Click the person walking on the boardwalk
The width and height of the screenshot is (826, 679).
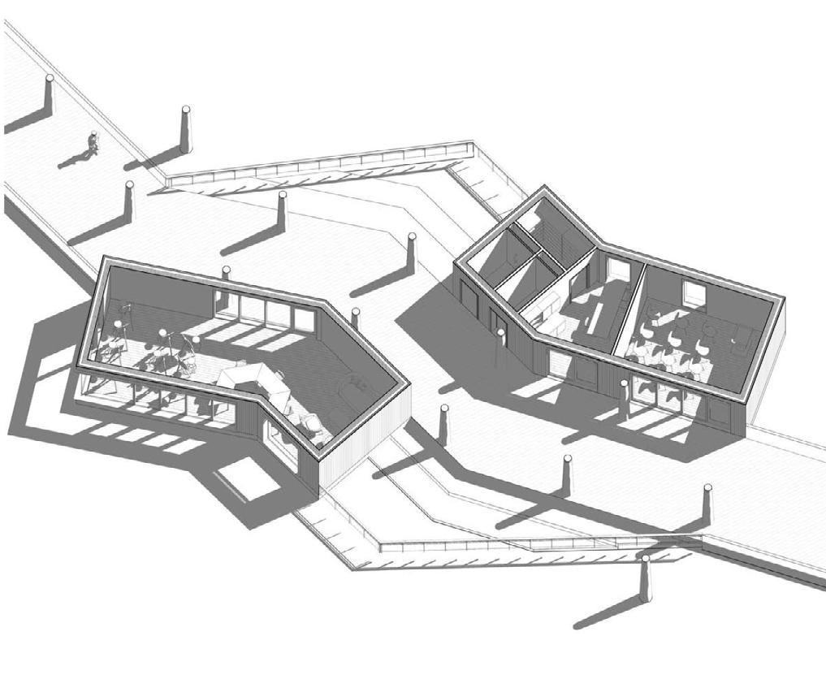[x=93, y=145]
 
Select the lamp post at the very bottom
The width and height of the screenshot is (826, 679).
[x=645, y=578]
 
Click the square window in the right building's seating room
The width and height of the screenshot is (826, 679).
[x=692, y=291]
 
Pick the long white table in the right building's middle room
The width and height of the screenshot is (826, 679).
[x=599, y=312]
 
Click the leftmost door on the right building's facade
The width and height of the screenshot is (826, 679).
[x=467, y=297]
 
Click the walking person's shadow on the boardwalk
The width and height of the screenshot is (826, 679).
[x=73, y=160]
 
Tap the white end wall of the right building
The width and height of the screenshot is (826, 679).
[x=766, y=374]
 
